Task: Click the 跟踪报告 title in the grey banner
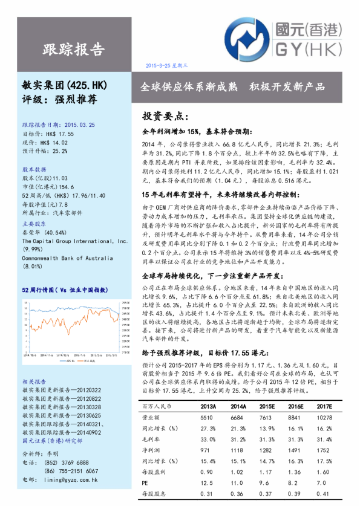(74, 48)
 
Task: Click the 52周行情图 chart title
(65, 291)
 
